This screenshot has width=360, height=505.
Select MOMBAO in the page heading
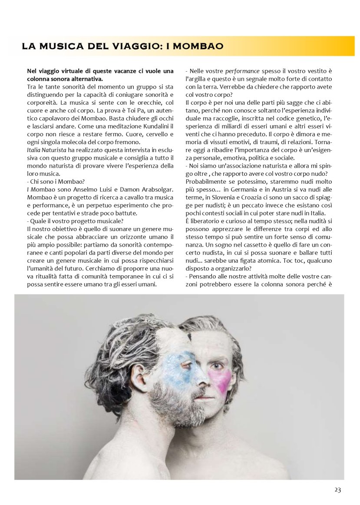click(200, 46)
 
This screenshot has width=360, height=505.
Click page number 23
click(337, 490)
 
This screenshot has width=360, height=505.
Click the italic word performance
click(243, 71)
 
